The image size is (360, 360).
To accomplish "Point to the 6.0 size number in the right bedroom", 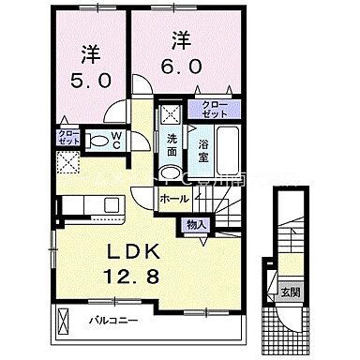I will (x=183, y=67).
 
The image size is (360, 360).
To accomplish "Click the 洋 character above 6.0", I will (x=182, y=39).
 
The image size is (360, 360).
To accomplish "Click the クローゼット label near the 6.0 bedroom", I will (x=208, y=110).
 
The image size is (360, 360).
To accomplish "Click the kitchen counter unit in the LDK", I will (x=88, y=204).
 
